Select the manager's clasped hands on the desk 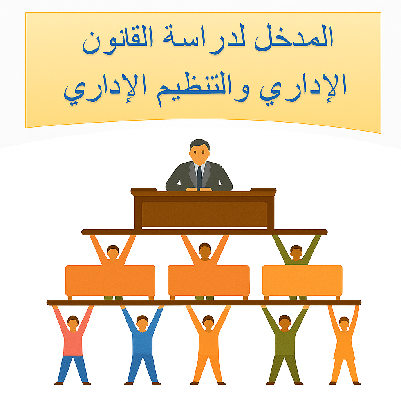pyautogui.click(x=199, y=190)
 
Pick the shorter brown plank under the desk pyautogui.click(x=204, y=232)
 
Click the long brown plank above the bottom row pyautogui.click(x=204, y=302)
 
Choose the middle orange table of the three pyautogui.click(x=209, y=280)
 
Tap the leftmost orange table pyautogui.click(x=110, y=280)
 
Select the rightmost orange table pyautogui.click(x=302, y=280)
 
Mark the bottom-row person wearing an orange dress pyautogui.click(x=344, y=345)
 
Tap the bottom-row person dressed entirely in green pyautogui.click(x=285, y=345)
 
